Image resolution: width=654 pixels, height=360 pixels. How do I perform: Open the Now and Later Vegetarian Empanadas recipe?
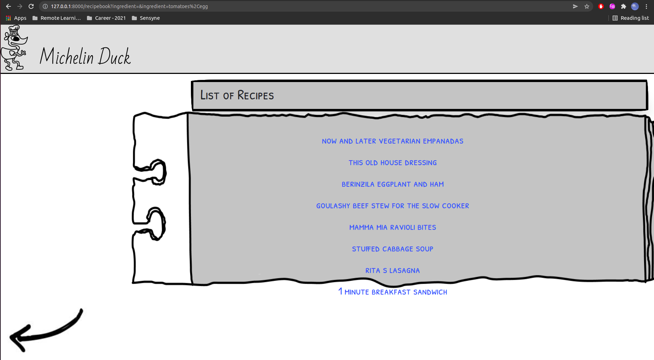click(392, 141)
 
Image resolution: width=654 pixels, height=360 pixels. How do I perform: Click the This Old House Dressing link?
click(392, 163)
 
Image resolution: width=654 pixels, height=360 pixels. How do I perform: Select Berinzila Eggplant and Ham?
click(392, 184)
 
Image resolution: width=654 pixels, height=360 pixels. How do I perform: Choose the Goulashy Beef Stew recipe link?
click(392, 206)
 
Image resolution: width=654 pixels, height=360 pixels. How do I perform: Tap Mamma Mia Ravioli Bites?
click(392, 227)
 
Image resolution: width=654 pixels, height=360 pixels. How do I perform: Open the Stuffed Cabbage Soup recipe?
click(392, 249)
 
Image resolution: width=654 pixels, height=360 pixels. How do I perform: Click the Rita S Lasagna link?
click(392, 271)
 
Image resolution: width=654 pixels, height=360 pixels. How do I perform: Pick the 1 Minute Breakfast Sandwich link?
click(392, 292)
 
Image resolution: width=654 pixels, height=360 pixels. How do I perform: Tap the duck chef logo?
click(14, 48)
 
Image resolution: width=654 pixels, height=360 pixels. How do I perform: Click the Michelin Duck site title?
click(85, 57)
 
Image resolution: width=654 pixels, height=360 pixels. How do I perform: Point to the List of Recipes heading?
click(237, 95)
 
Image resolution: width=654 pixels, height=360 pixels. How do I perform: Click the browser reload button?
click(31, 6)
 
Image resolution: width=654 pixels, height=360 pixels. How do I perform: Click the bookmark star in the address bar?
click(587, 6)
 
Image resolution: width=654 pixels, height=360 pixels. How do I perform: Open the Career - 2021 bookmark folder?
click(106, 18)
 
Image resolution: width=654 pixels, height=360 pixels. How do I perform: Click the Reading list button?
click(631, 18)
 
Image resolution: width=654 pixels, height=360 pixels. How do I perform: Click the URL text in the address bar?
click(129, 6)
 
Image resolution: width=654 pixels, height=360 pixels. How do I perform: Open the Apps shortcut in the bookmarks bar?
click(16, 18)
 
